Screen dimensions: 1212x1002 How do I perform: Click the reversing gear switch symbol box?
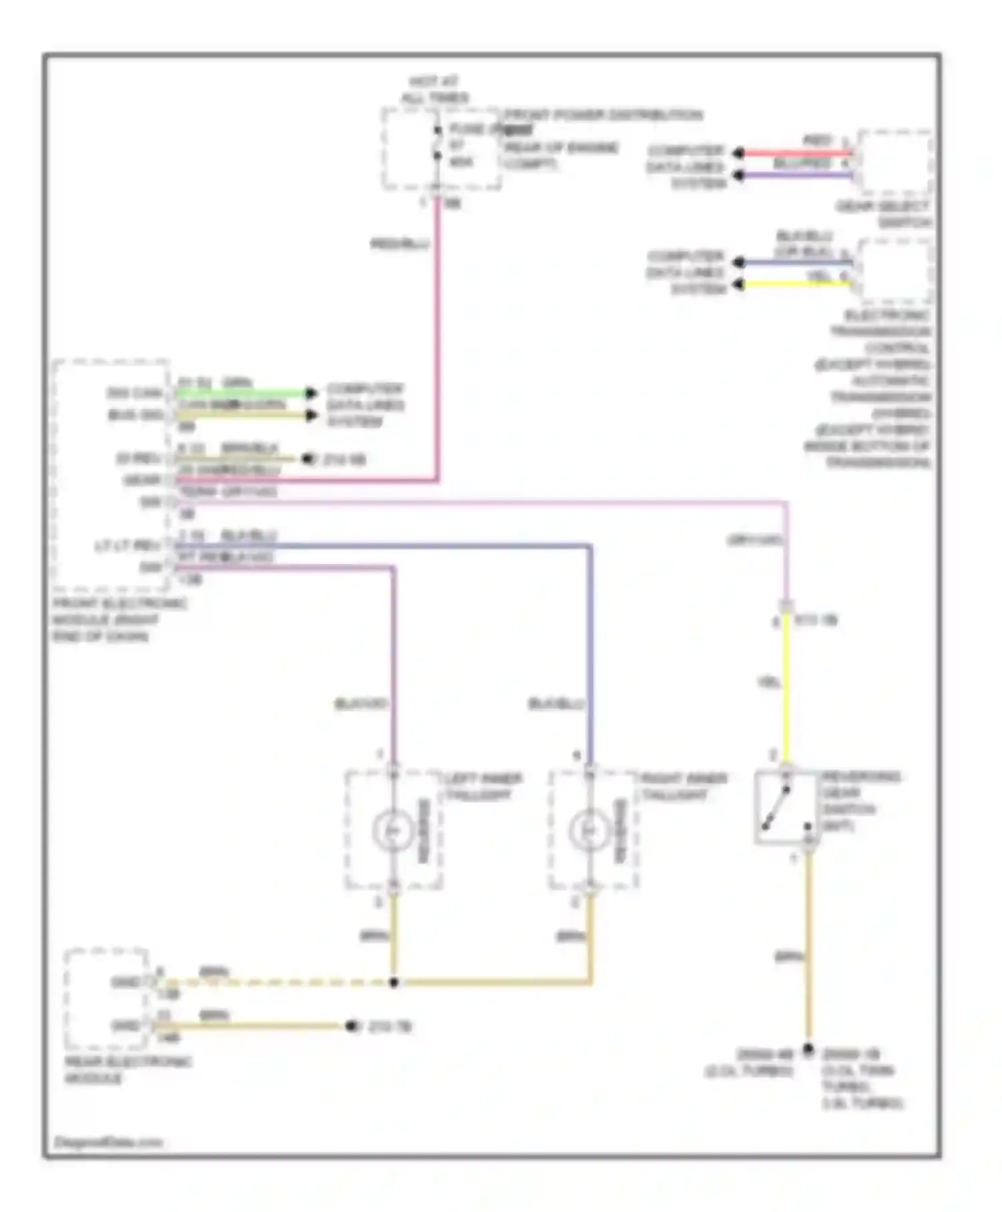(x=786, y=808)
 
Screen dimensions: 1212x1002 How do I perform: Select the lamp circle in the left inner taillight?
(x=393, y=830)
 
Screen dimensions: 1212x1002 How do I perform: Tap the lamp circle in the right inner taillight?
(x=590, y=830)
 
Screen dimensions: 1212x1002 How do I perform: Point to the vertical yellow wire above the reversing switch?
(x=786, y=688)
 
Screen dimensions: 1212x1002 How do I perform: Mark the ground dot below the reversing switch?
(x=808, y=1049)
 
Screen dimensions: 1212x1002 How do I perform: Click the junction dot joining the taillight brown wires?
(x=393, y=982)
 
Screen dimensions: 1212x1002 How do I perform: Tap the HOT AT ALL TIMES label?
(x=434, y=90)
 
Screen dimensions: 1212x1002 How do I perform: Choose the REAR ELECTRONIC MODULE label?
(x=127, y=1070)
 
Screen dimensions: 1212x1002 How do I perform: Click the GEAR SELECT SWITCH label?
(x=883, y=214)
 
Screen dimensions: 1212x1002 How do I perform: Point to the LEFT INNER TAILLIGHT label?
(x=482, y=787)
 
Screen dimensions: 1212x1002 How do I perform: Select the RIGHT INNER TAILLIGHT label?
(x=683, y=787)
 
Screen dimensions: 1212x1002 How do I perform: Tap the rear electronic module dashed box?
(x=106, y=999)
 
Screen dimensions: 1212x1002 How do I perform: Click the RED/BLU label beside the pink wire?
(x=399, y=244)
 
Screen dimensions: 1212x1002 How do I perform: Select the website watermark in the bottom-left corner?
(x=108, y=1143)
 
